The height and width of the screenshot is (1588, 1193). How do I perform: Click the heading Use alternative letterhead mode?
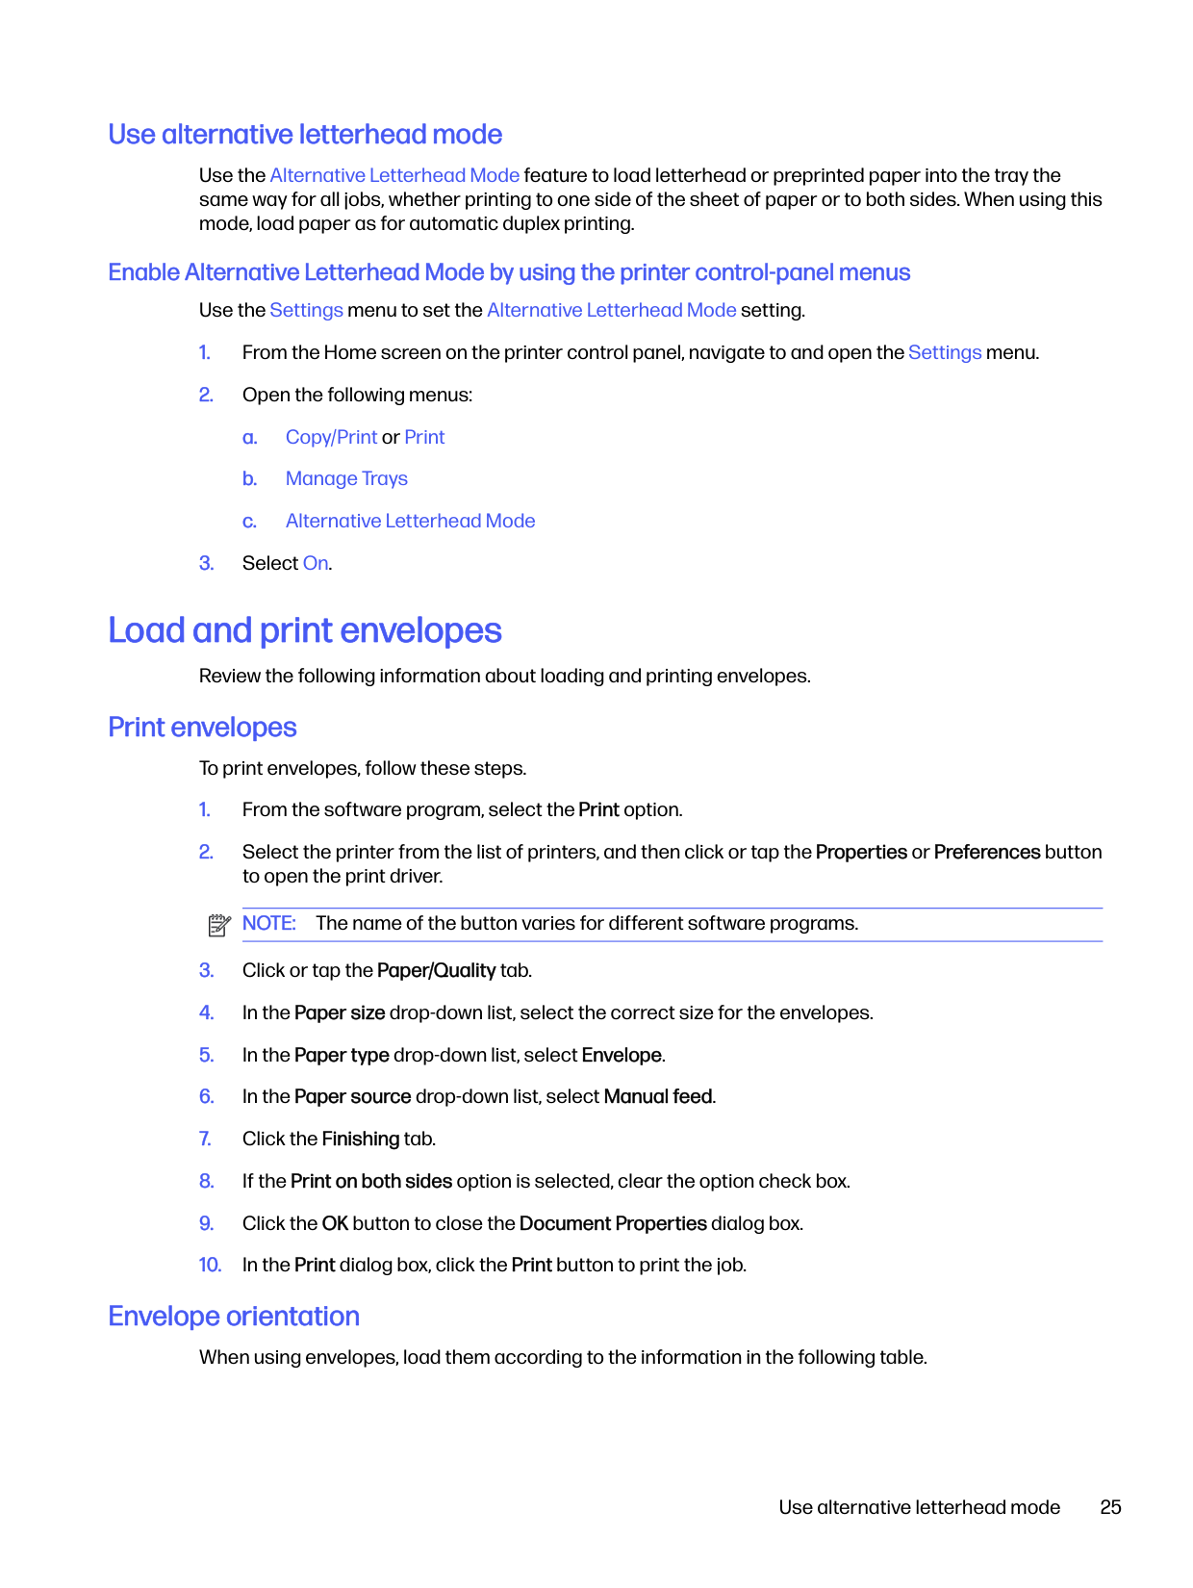(305, 135)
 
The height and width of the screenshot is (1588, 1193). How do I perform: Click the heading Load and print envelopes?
(305, 631)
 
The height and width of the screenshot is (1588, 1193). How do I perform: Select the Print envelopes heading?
(202, 728)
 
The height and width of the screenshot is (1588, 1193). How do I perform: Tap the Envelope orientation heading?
(234, 1317)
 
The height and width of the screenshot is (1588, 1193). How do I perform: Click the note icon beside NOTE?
(219, 926)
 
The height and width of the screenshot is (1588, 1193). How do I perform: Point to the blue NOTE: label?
(268, 924)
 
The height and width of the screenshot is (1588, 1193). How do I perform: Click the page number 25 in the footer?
(1110, 1508)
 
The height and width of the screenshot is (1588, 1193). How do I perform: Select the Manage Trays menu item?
(346, 479)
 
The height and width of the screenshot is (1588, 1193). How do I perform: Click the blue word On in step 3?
(316, 564)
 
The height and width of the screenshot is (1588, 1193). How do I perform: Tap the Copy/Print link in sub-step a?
(331, 438)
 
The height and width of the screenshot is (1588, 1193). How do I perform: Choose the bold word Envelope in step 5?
(622, 1056)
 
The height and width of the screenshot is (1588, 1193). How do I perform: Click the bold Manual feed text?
(658, 1097)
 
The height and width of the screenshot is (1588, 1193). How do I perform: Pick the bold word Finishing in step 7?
(361, 1140)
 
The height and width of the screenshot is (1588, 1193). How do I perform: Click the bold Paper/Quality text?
(436, 971)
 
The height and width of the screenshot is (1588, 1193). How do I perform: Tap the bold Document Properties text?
(613, 1224)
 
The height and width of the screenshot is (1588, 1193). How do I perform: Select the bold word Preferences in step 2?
(987, 853)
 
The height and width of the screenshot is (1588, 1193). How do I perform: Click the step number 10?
(210, 1266)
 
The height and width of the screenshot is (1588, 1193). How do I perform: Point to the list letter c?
(249, 522)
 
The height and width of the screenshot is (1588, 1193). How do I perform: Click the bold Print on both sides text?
(371, 1182)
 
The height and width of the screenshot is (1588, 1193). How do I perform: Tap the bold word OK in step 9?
(335, 1224)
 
